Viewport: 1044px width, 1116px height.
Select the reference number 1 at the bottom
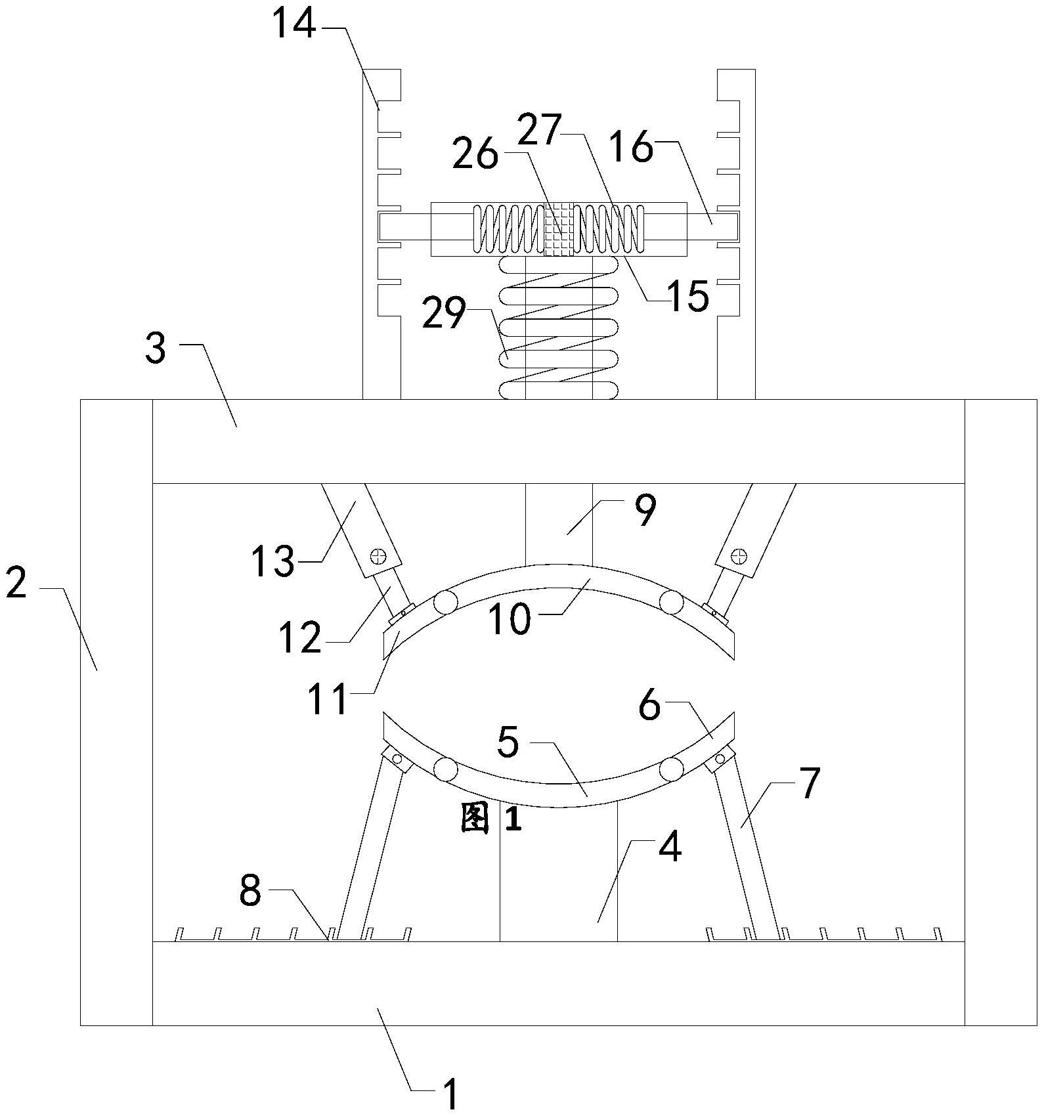(449, 1094)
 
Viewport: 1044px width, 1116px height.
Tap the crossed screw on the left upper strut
(378, 556)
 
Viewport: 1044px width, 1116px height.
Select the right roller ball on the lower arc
(671, 769)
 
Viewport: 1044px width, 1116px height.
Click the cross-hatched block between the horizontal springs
(559, 228)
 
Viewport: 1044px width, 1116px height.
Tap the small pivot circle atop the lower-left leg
(397, 759)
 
